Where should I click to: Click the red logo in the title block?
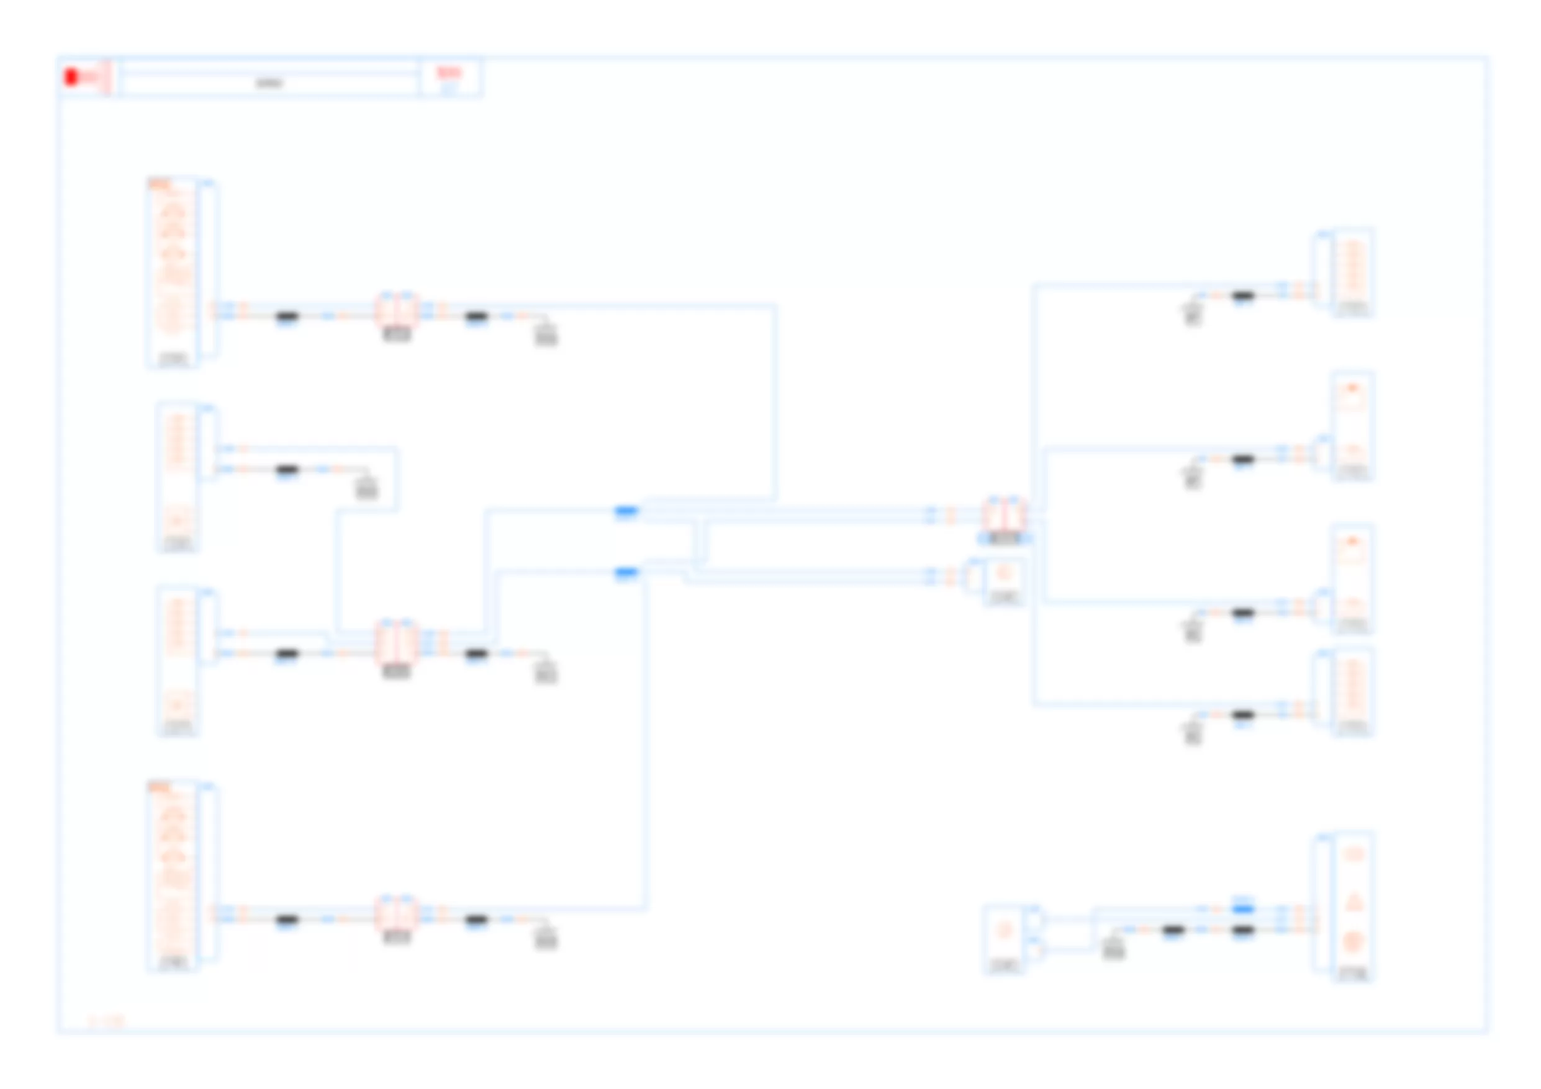click(x=72, y=77)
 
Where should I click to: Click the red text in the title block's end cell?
click(x=448, y=73)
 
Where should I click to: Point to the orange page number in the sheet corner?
click(x=107, y=1021)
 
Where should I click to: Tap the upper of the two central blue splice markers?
click(x=626, y=511)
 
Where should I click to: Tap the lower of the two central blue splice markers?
click(x=626, y=572)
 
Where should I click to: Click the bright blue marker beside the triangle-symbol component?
click(x=1243, y=908)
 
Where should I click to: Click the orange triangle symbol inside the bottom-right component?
click(x=1353, y=900)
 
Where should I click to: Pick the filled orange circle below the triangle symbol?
click(x=1353, y=943)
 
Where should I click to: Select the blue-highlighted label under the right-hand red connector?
click(x=1004, y=538)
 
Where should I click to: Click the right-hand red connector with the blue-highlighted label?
click(x=1004, y=513)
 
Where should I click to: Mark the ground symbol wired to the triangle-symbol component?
click(x=1113, y=948)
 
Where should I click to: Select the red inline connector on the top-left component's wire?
click(x=396, y=310)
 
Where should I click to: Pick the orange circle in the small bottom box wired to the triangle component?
click(x=1004, y=930)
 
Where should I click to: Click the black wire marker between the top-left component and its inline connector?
click(x=287, y=316)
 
